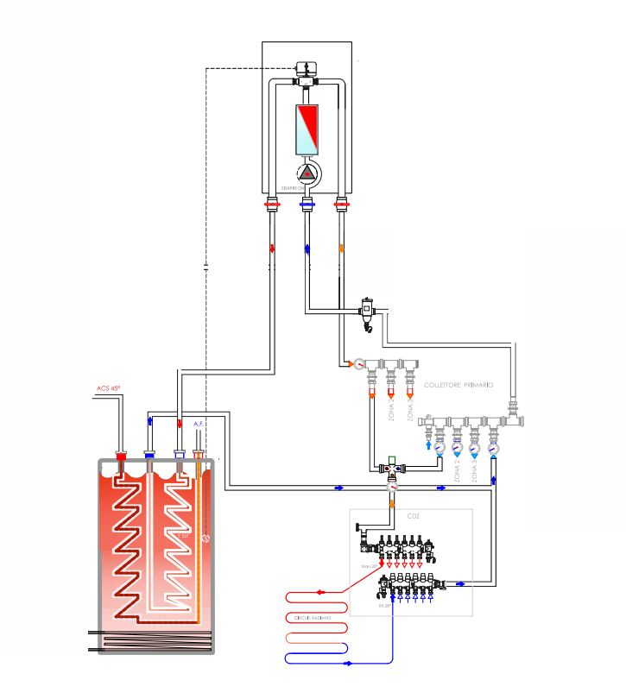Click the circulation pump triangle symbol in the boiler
(307, 173)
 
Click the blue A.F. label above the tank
(199, 424)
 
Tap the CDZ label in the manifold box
(413, 516)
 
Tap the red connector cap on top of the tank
(121, 455)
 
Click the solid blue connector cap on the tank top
(149, 454)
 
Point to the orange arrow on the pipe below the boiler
(341, 249)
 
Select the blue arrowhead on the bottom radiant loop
(347, 664)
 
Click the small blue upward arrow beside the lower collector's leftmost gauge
(429, 446)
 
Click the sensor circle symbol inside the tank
(206, 538)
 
